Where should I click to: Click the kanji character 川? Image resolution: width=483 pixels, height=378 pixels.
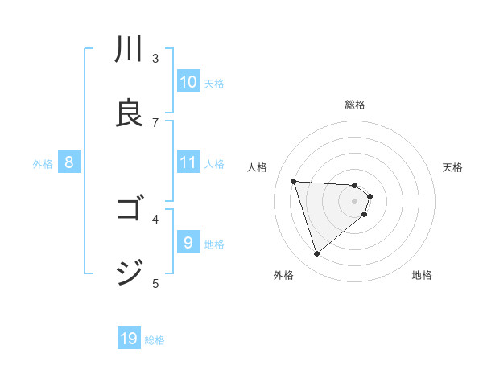[x=130, y=51]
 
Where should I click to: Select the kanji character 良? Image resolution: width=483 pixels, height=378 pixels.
[x=130, y=113]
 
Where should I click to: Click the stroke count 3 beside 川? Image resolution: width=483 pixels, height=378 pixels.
[x=155, y=58]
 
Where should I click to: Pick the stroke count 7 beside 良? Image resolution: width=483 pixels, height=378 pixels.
[x=155, y=122]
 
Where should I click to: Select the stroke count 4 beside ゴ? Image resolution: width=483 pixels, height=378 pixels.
[x=155, y=218]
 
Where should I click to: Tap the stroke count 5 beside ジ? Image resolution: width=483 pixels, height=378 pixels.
[x=155, y=282]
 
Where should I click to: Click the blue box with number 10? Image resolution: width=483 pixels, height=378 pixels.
[x=188, y=82]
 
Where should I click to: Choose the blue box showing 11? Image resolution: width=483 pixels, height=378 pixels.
[x=188, y=162]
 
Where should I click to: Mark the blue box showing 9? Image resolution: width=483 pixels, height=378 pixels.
[x=188, y=242]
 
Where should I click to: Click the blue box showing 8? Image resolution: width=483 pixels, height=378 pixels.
[x=69, y=162]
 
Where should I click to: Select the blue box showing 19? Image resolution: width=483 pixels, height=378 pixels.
[x=129, y=339]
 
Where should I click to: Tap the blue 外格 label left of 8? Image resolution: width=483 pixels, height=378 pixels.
[x=43, y=163]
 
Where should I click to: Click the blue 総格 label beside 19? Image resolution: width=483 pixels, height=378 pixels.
[x=155, y=340]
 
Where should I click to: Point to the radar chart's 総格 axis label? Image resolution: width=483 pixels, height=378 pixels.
[x=355, y=105]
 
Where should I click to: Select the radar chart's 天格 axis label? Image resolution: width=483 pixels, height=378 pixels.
[x=453, y=167]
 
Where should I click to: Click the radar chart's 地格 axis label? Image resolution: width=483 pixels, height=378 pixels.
[x=422, y=275]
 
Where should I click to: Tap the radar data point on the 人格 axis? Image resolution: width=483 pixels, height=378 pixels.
[x=294, y=181]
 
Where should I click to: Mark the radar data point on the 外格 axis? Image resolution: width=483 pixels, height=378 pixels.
[x=316, y=254]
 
